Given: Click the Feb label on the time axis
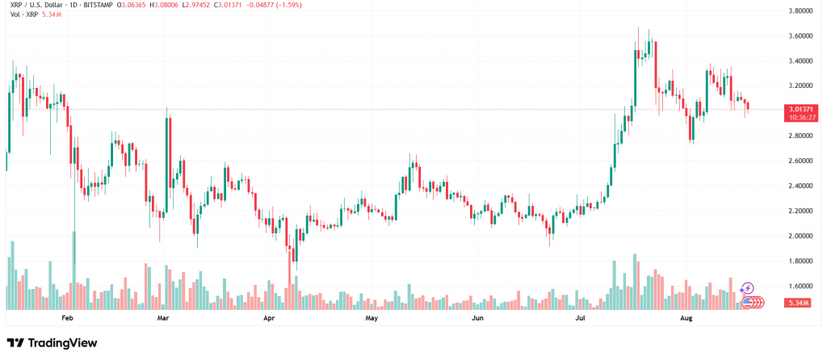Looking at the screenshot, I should [68, 319].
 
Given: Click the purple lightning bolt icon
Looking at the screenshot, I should [748, 288].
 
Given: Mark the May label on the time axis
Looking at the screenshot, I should [371, 319].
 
